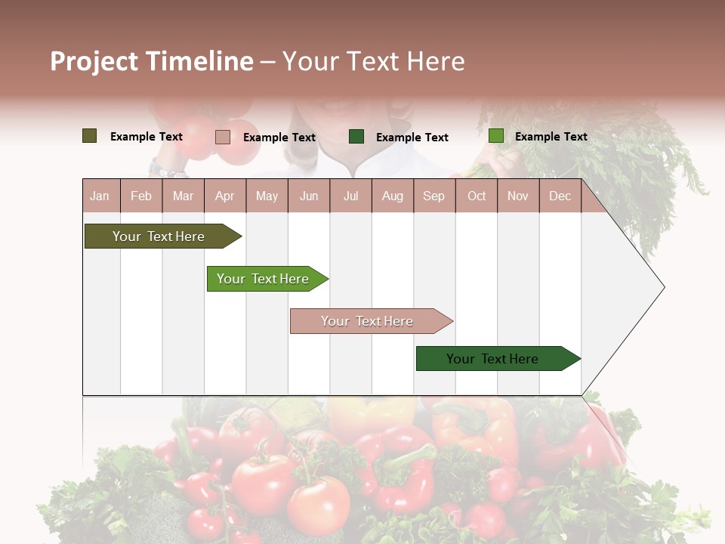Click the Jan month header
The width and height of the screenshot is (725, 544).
pos(100,196)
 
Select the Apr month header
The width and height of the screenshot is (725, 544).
pos(224,196)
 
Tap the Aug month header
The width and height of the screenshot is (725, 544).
pos(392,196)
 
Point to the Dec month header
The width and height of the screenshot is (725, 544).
pos(560,196)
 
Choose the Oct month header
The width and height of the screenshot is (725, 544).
pos(477,196)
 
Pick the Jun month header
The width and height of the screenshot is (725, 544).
pos(309,196)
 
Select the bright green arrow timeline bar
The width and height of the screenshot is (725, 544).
pos(264,279)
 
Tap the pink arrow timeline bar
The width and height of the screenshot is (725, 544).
pos(369,321)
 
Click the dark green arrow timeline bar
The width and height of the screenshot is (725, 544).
pos(495,359)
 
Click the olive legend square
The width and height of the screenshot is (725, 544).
pos(89,136)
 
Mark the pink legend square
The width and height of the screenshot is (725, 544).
pos(222,137)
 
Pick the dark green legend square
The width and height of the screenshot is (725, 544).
pos(356,136)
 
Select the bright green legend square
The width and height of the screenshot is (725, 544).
pos(495,136)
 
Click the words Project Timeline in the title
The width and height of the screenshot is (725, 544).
pos(151,61)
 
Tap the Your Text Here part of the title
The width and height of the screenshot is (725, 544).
pos(373,61)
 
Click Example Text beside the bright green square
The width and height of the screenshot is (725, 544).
pos(551,136)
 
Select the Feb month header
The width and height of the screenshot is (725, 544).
pos(141,196)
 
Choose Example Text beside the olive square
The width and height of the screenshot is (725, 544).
pos(146,136)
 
